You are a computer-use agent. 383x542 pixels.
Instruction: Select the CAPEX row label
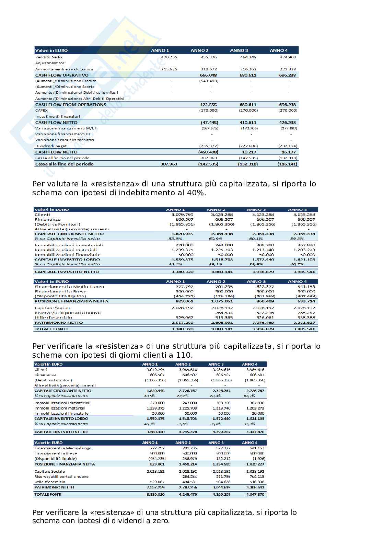[x=42, y=111]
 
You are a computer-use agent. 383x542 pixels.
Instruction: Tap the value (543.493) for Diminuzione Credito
[x=209, y=81]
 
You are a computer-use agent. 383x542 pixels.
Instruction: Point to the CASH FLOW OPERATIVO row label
[x=62, y=75]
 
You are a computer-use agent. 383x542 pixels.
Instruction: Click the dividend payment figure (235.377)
[x=209, y=146]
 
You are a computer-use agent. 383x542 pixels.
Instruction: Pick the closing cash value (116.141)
[x=288, y=164]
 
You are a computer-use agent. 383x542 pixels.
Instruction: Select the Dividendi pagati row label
[x=51, y=146]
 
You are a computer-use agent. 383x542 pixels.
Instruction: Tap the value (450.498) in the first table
[x=208, y=152]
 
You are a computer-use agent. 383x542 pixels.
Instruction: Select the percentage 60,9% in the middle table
[x=215, y=239]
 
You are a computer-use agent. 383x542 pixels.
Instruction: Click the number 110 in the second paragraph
[x=184, y=355]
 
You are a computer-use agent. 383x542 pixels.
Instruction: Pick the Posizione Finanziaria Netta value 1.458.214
[x=188, y=464]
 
